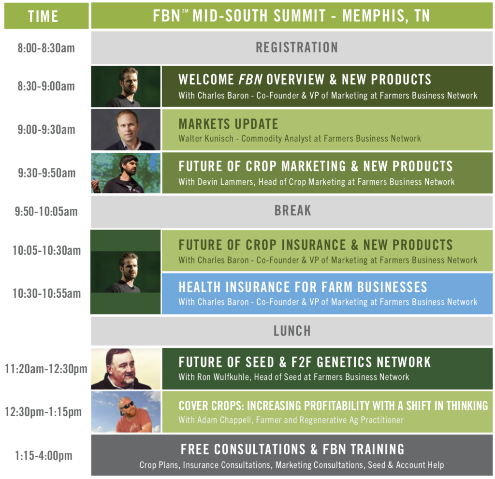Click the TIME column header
click(43, 16)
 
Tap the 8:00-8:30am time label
click(46, 48)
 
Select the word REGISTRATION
click(297, 48)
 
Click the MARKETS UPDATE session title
click(228, 124)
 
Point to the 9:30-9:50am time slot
click(47, 173)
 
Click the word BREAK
click(292, 211)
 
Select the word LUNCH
click(292, 331)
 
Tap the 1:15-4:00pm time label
click(44, 456)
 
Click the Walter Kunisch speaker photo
click(126, 130)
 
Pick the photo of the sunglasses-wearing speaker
click(126, 412)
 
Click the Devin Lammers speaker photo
click(126, 173)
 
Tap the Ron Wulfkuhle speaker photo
click(126, 369)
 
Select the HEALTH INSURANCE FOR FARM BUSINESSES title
click(303, 287)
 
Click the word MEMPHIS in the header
click(374, 16)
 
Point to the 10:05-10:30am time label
click(47, 250)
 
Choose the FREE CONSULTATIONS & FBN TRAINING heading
click(292, 450)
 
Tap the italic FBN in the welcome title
click(250, 79)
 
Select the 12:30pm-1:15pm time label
click(43, 412)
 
